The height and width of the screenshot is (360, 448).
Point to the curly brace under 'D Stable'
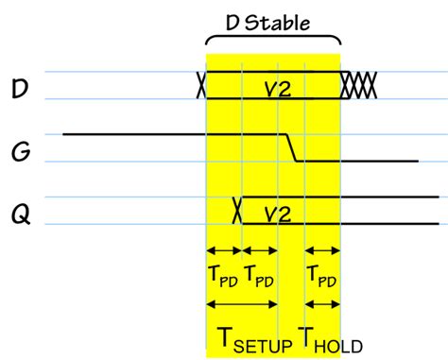[x=272, y=41]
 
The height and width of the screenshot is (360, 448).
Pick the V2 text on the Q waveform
[x=276, y=211]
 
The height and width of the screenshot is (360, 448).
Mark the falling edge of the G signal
[x=291, y=148]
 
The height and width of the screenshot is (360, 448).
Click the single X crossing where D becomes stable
[x=200, y=86]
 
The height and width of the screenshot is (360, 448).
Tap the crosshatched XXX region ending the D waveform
[x=359, y=85]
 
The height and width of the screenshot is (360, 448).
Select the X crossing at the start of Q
[x=238, y=210]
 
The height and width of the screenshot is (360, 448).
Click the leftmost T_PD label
[x=224, y=278]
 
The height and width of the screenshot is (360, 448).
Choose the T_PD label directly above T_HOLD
[x=321, y=278]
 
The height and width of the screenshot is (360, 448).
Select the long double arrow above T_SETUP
[x=242, y=304]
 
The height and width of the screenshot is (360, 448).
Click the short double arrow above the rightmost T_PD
[x=321, y=251]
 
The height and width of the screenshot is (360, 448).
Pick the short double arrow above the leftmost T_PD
[x=224, y=251]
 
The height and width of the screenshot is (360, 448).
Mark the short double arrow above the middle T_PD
[x=260, y=251]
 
